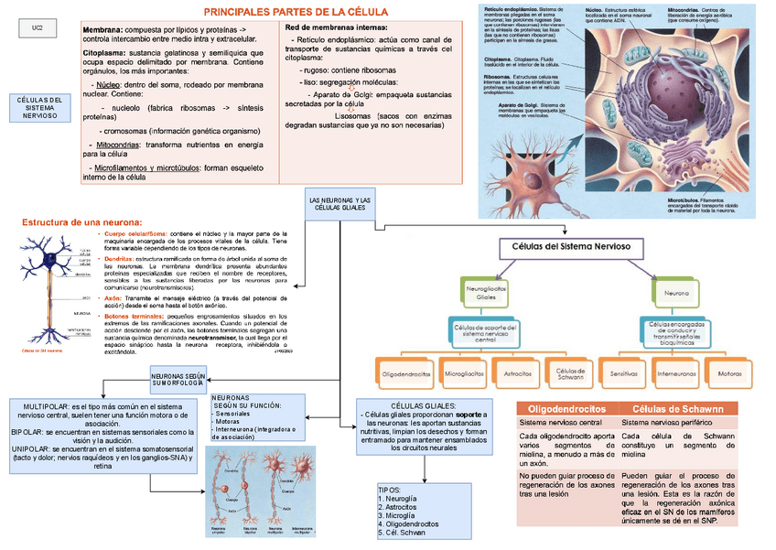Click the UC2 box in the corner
coord(38,29)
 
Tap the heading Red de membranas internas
coord(329,29)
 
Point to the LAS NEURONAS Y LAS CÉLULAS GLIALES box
coord(339,204)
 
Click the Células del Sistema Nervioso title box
coord(565,247)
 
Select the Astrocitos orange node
coord(519,373)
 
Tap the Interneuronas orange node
coord(677,373)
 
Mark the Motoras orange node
coord(730,373)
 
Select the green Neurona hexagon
coord(676,293)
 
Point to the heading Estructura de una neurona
coord(82,222)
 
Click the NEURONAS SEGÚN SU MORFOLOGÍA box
coord(176,378)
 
